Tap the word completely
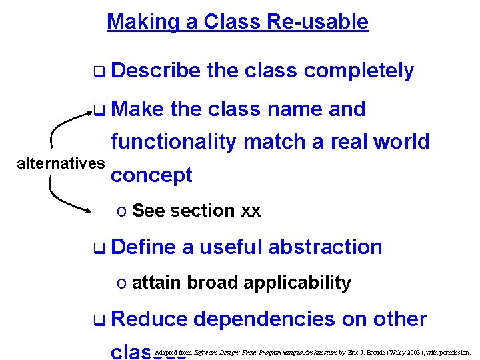[x=360, y=71]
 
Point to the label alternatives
[x=61, y=163]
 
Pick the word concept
[x=151, y=175]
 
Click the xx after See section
[x=251, y=211]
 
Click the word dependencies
[x=264, y=319]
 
